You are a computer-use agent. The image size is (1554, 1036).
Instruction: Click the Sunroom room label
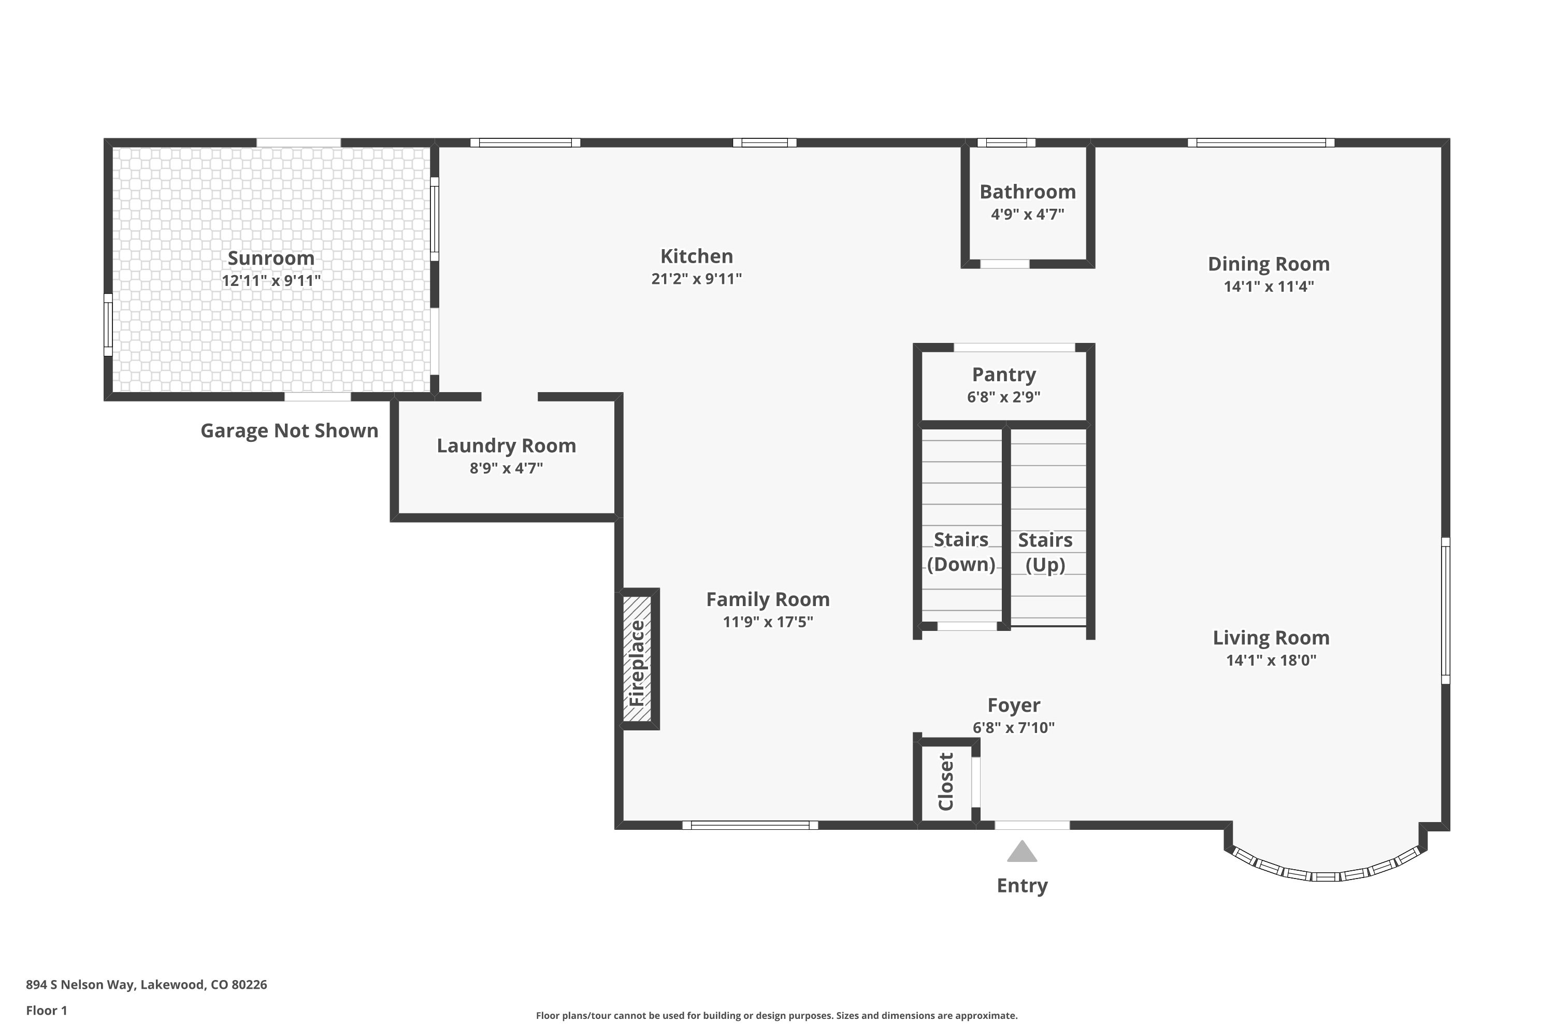click(271, 258)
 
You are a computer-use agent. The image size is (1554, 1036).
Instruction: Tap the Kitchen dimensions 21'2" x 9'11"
click(696, 279)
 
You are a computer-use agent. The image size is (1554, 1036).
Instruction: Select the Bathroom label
click(1027, 192)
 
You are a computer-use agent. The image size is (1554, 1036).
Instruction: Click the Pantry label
click(1004, 375)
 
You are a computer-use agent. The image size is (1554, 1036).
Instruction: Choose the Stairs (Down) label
click(961, 552)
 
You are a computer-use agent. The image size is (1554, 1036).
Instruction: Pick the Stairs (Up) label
click(1045, 552)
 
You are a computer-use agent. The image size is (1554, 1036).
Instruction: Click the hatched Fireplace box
click(638, 659)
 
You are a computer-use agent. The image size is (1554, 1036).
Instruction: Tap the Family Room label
click(768, 599)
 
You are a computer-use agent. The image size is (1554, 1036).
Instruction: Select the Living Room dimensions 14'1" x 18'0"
click(1271, 660)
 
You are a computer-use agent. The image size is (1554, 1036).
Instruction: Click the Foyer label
click(1014, 705)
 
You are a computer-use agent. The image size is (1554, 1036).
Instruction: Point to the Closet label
click(945, 782)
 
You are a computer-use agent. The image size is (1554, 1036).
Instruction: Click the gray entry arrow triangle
click(1022, 852)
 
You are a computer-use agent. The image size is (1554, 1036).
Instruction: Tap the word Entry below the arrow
click(1022, 885)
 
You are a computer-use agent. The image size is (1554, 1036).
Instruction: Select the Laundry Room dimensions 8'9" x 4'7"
click(506, 468)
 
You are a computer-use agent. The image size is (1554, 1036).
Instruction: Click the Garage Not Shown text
click(290, 431)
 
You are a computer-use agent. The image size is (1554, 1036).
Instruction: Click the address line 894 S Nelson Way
click(147, 985)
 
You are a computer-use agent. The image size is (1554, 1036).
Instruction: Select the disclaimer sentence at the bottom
click(776, 1015)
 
